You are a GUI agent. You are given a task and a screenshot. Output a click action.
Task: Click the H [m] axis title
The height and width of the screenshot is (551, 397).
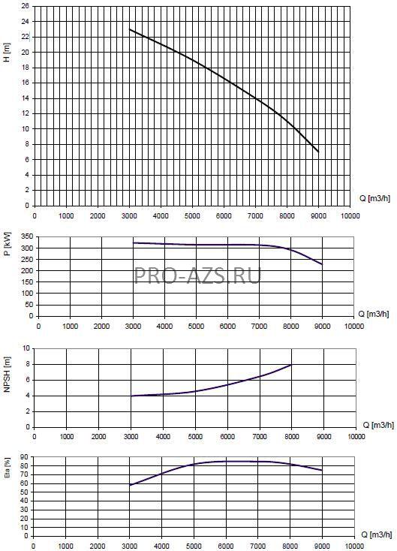click(7, 53)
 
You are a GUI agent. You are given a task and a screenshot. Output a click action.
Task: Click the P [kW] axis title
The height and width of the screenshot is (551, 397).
click(8, 244)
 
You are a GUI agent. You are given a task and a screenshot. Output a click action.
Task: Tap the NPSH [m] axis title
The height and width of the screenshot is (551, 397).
click(7, 375)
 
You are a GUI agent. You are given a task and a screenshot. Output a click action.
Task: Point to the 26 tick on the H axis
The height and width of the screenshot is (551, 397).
click(26, 6)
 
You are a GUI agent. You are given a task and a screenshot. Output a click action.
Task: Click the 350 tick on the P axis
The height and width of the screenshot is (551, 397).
click(28, 237)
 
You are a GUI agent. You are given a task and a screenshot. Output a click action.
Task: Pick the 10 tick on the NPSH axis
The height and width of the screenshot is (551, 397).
click(26, 348)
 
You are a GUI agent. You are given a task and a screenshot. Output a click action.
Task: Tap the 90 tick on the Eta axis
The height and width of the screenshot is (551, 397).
click(25, 457)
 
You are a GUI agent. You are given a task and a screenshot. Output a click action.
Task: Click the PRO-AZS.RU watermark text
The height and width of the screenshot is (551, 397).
click(198, 275)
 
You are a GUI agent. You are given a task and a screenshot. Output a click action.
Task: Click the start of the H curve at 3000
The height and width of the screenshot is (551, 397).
click(130, 29)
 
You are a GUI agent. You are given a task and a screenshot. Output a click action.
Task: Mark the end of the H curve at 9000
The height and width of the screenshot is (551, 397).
click(318, 152)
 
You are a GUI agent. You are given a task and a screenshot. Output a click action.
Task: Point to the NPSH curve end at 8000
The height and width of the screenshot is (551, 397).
click(291, 365)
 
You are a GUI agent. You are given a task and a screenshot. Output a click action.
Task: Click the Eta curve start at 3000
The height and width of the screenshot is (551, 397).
click(131, 485)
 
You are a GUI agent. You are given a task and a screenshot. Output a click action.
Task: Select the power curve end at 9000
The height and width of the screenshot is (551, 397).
click(322, 264)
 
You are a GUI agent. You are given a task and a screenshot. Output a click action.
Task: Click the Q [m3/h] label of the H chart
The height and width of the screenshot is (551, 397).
click(374, 198)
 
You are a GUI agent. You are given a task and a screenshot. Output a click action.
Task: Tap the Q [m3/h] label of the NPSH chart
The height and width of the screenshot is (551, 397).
click(378, 425)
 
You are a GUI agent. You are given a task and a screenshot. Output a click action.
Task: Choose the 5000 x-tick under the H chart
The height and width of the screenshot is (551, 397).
click(192, 215)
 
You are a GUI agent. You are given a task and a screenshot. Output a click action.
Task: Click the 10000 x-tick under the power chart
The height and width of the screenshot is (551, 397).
click(353, 326)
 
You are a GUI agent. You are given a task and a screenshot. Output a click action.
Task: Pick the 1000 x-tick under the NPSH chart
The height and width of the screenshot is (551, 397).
click(66, 436)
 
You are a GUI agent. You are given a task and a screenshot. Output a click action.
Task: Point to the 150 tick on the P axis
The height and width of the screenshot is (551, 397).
click(28, 282)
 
